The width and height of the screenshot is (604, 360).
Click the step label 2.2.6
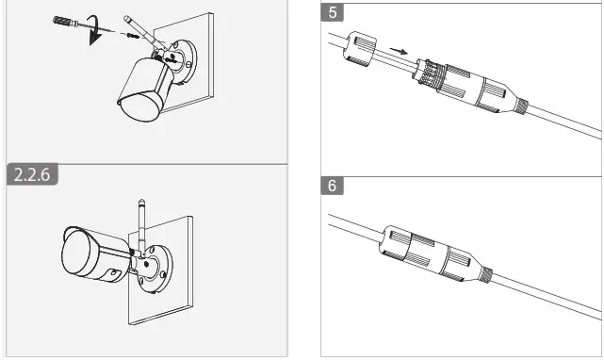click(32, 174)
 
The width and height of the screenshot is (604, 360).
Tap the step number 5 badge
click(332, 12)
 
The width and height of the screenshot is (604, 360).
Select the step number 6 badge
click(332, 186)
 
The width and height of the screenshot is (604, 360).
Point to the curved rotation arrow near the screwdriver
click(94, 30)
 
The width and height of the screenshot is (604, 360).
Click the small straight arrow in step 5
click(399, 51)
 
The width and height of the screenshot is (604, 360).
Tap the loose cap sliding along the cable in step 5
click(360, 47)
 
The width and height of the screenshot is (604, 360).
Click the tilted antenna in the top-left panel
click(144, 32)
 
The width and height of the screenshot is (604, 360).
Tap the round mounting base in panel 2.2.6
click(155, 269)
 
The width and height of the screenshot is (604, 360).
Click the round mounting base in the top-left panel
click(181, 61)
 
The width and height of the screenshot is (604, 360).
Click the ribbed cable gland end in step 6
click(487, 275)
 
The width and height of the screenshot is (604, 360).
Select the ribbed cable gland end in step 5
click(522, 106)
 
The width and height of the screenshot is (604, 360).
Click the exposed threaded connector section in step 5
click(431, 74)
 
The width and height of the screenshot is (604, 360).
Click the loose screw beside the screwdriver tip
click(132, 36)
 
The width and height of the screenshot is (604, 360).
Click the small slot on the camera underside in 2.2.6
click(113, 273)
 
